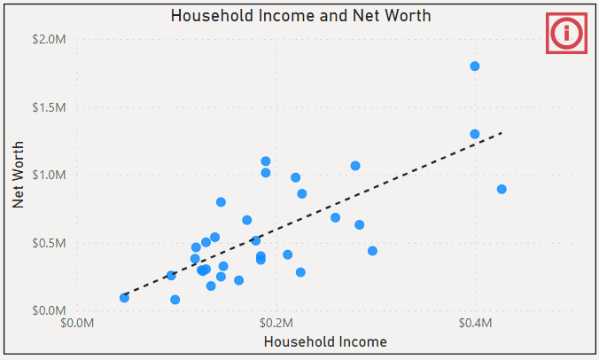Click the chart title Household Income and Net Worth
coord(299,16)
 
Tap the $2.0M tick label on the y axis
coord(49,40)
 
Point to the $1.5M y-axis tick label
coord(49,107)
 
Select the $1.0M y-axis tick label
coord(49,175)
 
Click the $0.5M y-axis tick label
coord(49,243)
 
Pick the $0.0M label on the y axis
coord(49,310)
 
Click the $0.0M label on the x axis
coord(78,324)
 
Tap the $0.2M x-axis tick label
coord(276,324)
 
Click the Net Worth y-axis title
coord(19,175)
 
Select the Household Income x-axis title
coord(325,341)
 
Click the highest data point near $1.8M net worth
coord(475,67)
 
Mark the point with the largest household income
coord(502,189)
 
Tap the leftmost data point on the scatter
coord(124,297)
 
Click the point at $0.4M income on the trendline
coord(475,134)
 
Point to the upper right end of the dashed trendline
coord(502,133)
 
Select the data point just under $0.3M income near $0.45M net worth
coord(372,251)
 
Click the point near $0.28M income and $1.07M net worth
coord(355,166)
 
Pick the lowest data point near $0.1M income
coord(175,300)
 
